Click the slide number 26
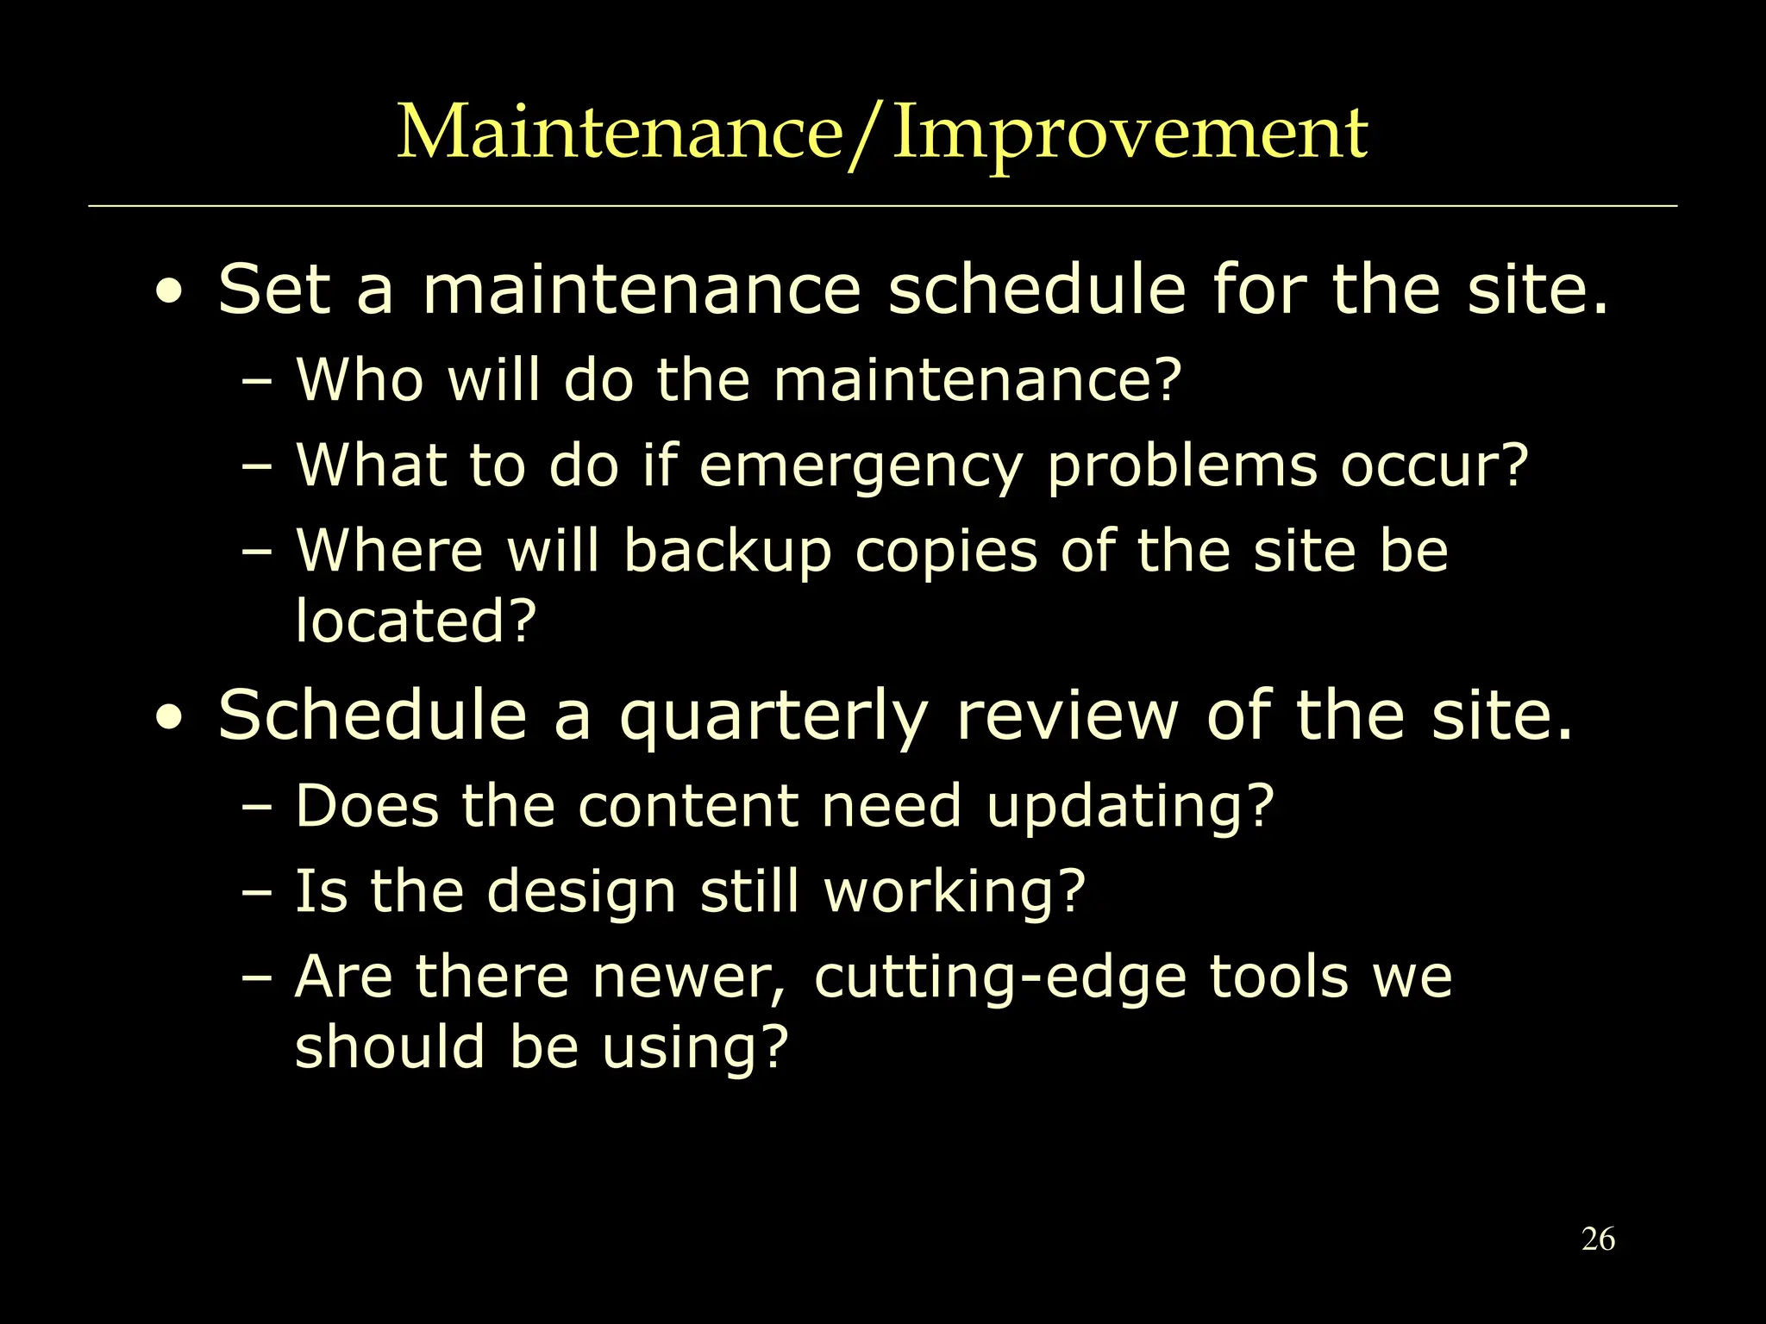tap(1598, 1240)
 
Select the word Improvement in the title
tap(1130, 134)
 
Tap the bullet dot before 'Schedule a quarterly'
tap(170, 718)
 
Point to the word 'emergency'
tap(860, 467)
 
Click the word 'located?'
tap(416, 621)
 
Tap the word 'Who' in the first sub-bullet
tap(360, 379)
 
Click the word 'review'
tap(1067, 716)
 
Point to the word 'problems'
tap(1181, 467)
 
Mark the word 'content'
tap(687, 807)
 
